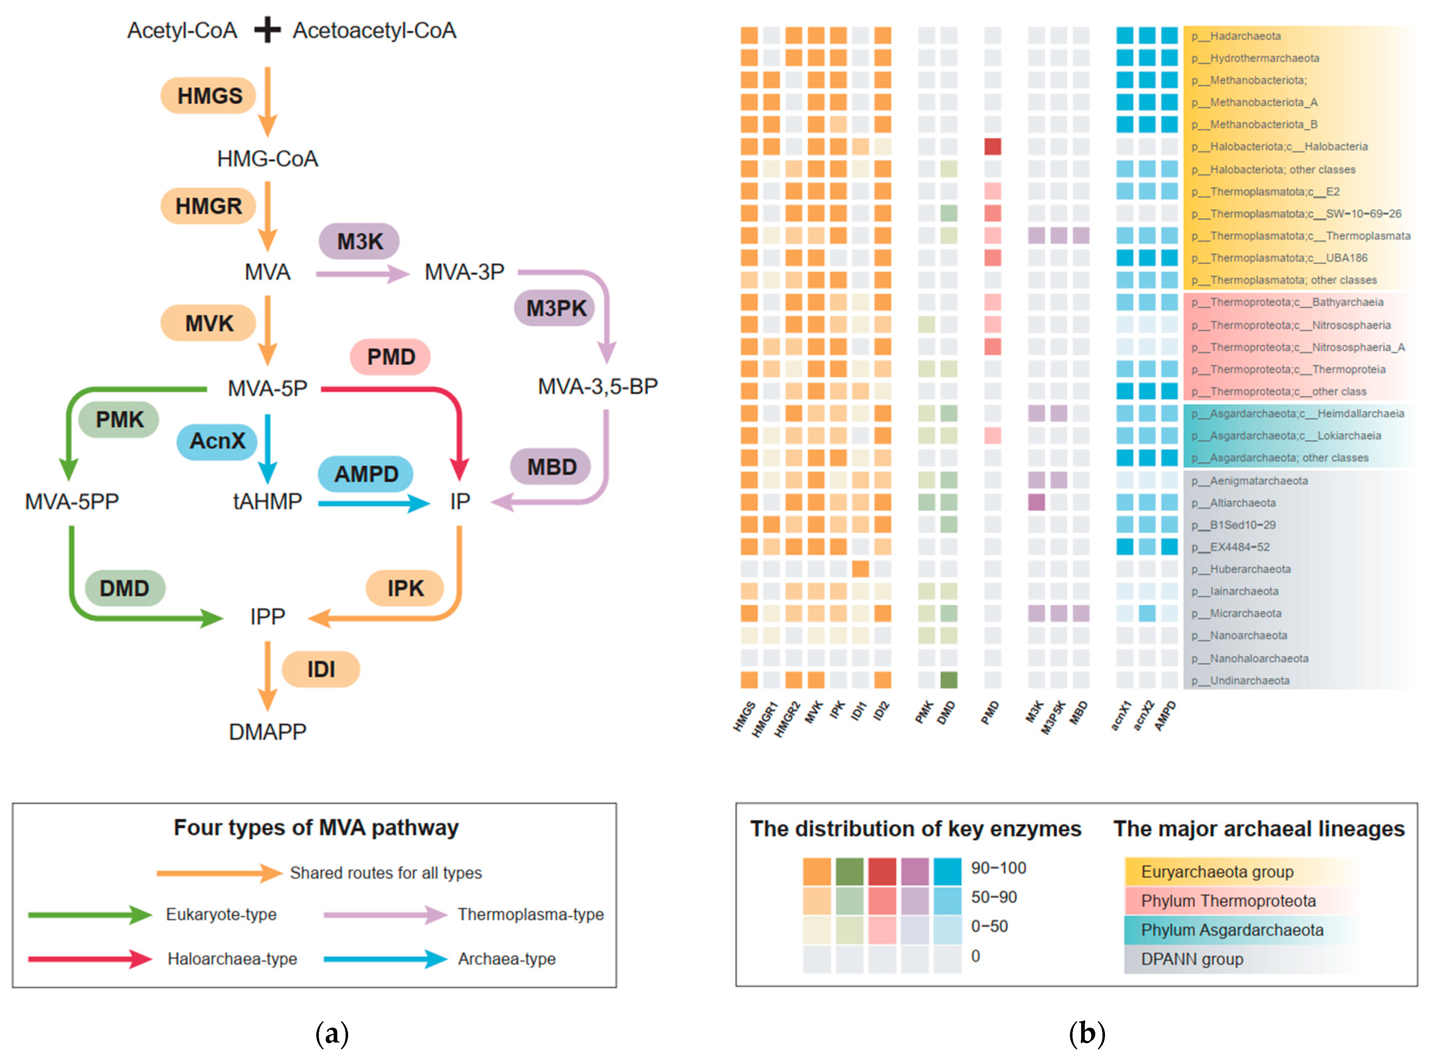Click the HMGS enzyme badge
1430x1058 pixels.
coord(209,96)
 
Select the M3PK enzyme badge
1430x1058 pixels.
coord(555,309)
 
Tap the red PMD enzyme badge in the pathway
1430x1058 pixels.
coord(390,357)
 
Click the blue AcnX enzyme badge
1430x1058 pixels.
coord(217,441)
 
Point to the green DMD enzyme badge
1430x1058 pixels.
coord(124,588)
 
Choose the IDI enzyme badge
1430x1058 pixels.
coord(321,669)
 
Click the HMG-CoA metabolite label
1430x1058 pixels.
coord(267,159)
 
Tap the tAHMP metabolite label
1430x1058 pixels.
coord(267,502)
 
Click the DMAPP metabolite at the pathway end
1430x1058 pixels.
coord(267,731)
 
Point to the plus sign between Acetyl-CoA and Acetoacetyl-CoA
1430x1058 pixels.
coord(267,30)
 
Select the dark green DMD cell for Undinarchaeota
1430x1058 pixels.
coord(948,680)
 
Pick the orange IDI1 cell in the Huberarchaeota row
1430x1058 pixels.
coord(860,569)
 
